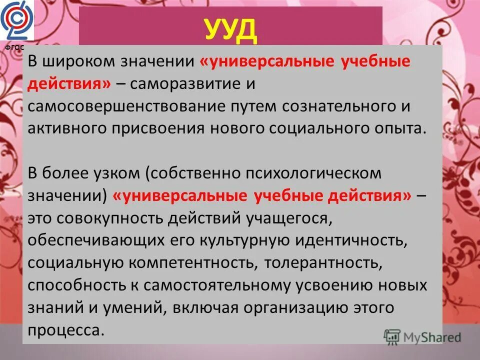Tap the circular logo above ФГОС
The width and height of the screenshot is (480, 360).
tap(16, 21)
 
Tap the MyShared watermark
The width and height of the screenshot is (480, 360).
tap(422, 336)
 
